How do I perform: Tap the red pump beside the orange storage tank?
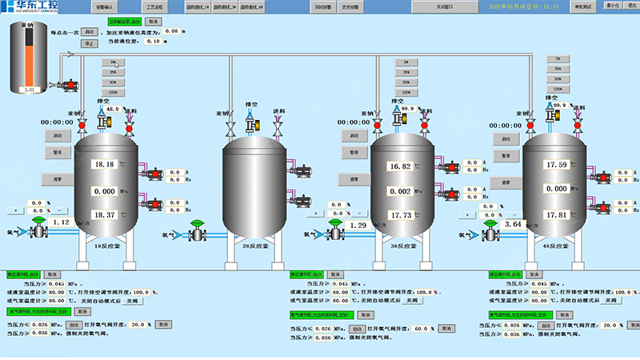point(69,83)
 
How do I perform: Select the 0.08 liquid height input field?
point(171,30)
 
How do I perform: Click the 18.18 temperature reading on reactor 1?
point(106,164)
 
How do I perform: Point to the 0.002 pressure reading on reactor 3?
point(399,191)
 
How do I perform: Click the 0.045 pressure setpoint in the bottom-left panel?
point(58,284)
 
